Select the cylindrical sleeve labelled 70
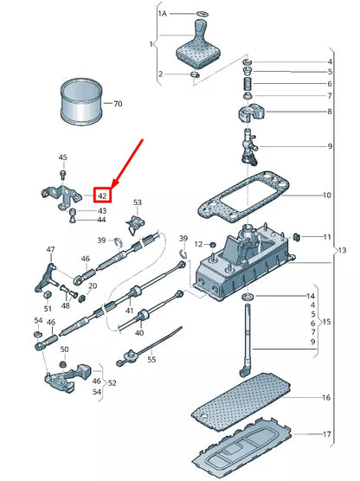(81, 101)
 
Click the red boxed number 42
(102, 196)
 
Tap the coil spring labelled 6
(248, 83)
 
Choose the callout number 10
(326, 196)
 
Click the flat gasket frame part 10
(243, 196)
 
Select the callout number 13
(342, 250)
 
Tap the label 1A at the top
(163, 14)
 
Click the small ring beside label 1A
(202, 14)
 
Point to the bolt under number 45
(63, 175)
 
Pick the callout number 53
(138, 202)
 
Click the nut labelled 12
(212, 245)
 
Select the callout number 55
(151, 359)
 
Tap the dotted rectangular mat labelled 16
(241, 399)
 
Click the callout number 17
(327, 434)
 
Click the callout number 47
(51, 250)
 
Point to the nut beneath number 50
(63, 364)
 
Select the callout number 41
(130, 311)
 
